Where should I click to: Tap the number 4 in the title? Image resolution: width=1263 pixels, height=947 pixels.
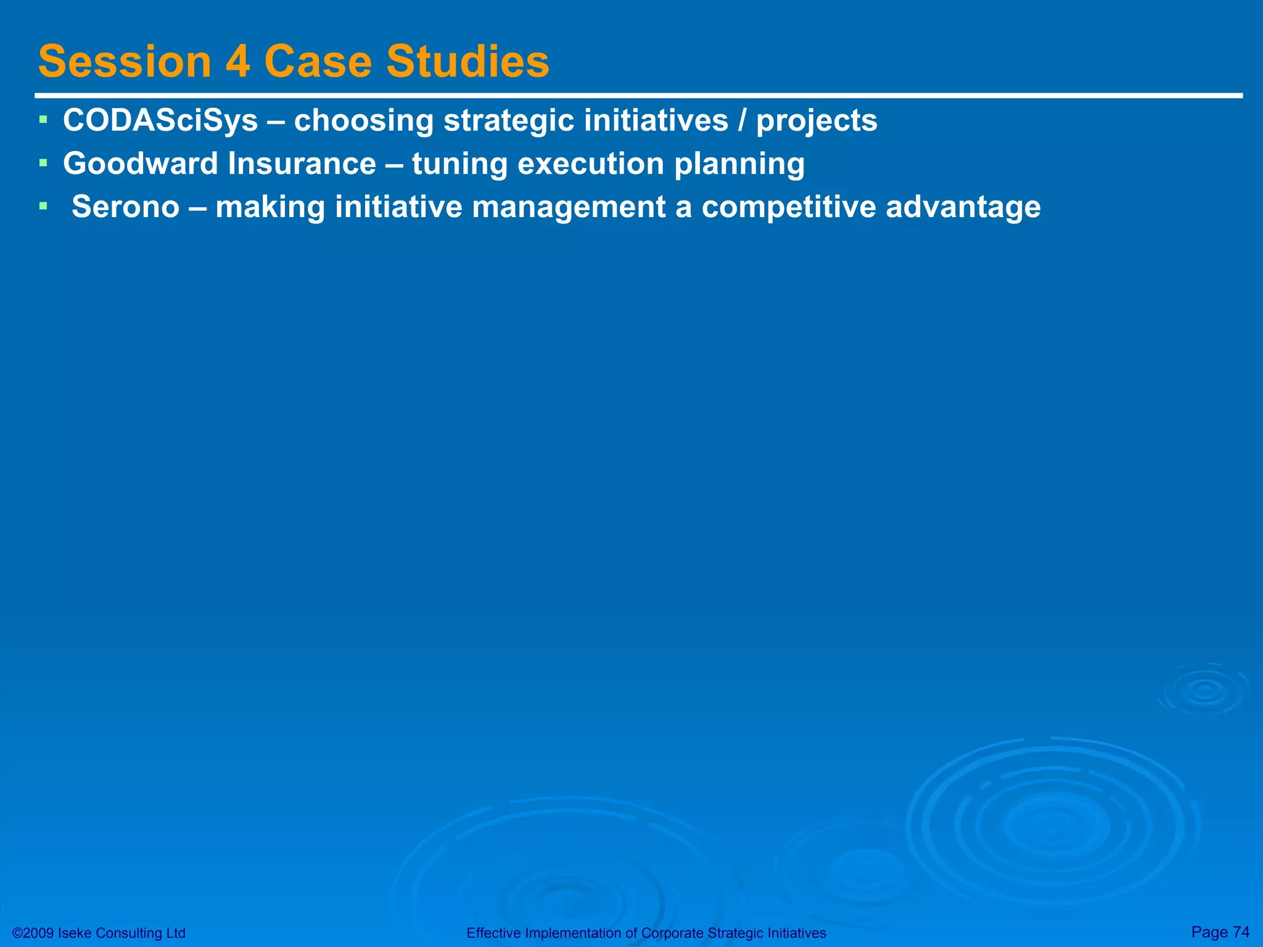click(237, 62)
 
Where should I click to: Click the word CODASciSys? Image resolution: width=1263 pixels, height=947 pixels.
click(160, 120)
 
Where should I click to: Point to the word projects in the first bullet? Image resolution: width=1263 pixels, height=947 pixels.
click(817, 121)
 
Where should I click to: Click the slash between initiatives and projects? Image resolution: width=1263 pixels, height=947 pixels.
click(742, 120)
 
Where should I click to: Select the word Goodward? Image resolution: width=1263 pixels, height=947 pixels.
click(141, 164)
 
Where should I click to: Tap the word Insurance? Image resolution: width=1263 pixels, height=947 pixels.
click(302, 164)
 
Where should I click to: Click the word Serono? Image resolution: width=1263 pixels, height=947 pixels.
click(125, 207)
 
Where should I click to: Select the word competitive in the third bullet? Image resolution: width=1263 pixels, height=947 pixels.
click(789, 208)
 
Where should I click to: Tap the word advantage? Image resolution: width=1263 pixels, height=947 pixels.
click(963, 208)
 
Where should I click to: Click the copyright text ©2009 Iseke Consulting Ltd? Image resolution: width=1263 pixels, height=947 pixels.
click(99, 933)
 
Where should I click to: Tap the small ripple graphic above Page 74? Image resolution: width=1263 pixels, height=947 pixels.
click(1204, 691)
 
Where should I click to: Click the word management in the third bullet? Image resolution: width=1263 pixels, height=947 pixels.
click(568, 208)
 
